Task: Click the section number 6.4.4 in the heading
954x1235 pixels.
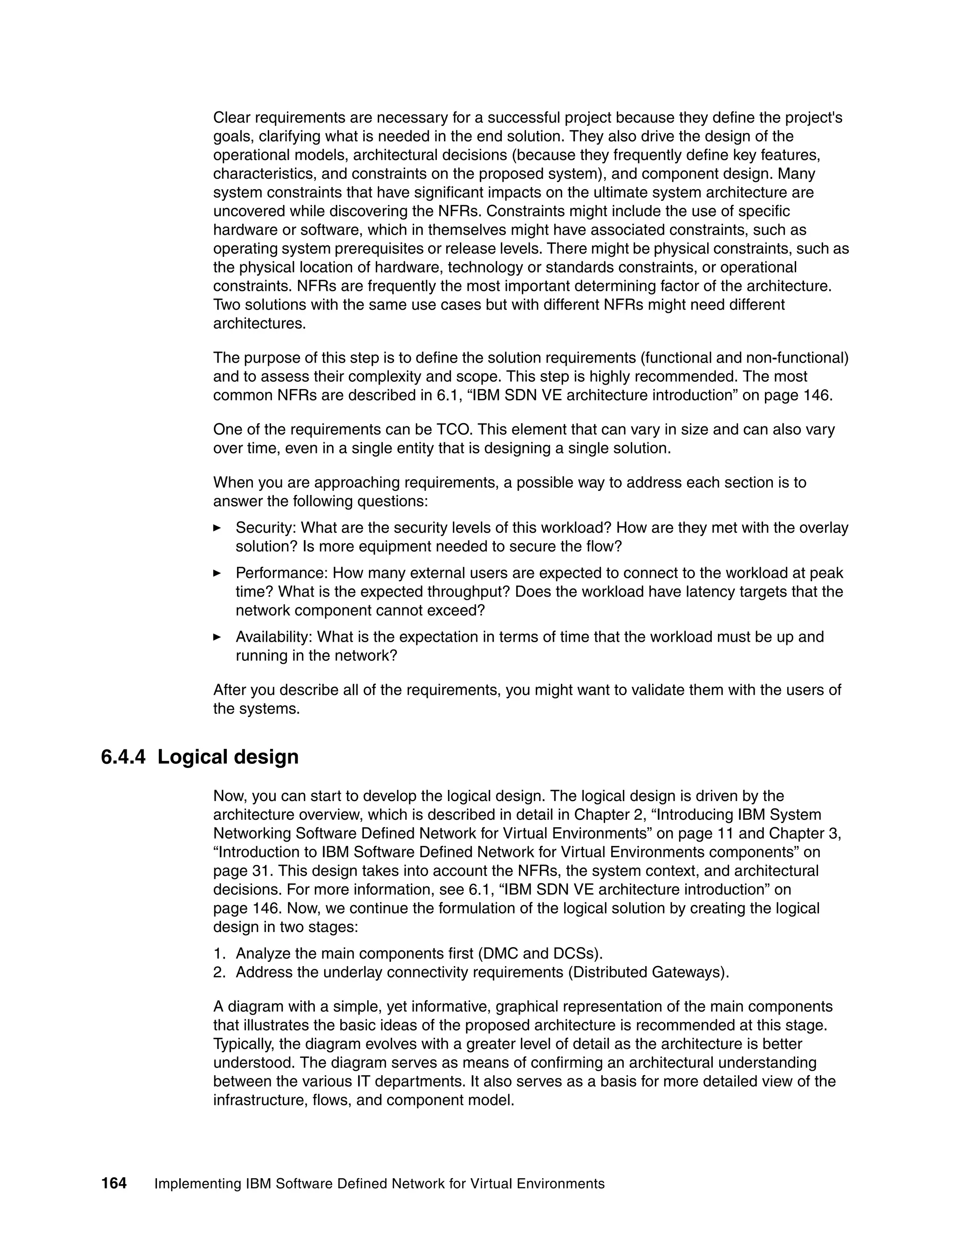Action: (123, 756)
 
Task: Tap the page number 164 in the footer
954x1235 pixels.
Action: (114, 1183)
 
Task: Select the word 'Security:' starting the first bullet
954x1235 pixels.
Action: (266, 528)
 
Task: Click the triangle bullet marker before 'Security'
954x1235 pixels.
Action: (217, 528)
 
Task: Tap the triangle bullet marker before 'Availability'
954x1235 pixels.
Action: (217, 637)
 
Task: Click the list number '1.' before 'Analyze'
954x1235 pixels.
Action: (219, 954)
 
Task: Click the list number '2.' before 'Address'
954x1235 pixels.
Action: (219, 972)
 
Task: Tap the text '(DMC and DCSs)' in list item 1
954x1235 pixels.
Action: (540, 954)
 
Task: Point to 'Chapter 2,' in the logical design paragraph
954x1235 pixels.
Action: (605, 814)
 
